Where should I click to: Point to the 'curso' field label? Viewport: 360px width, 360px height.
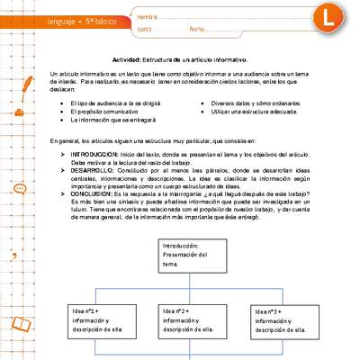(147, 31)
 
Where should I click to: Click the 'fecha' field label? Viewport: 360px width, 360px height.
(197, 31)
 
